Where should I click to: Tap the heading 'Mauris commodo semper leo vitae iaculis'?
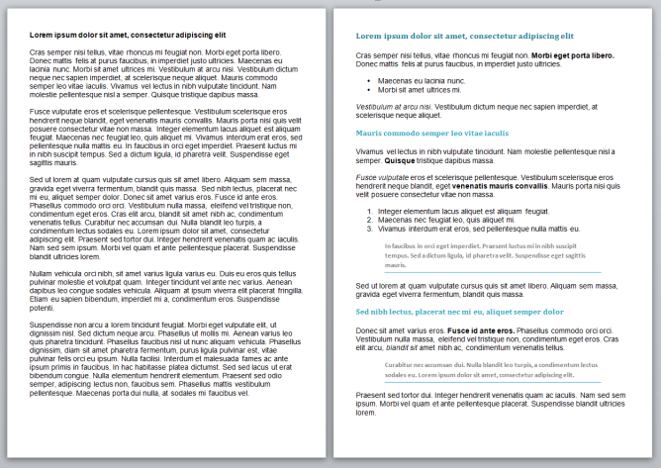point(431,132)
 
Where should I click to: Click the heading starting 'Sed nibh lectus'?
point(459,311)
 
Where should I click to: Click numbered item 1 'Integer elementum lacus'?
point(463,211)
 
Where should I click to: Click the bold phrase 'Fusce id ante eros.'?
point(481,329)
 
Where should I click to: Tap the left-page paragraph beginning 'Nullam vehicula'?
point(163,289)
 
